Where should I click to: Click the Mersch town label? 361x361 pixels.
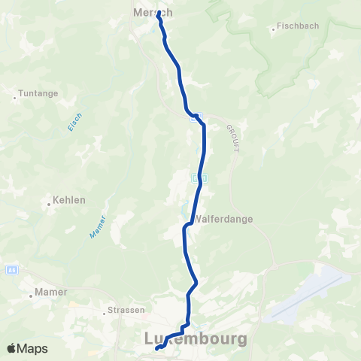pyautogui.click(x=152, y=13)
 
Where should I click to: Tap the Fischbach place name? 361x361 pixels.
pyautogui.click(x=298, y=26)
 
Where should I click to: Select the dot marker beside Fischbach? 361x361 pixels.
pyautogui.click(x=274, y=30)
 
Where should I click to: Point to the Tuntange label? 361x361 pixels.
pyautogui.click(x=37, y=96)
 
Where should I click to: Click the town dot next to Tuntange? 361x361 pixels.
pyautogui.click(x=15, y=96)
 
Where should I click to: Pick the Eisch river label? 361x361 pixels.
pyautogui.click(x=74, y=123)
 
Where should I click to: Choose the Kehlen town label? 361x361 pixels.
pyautogui.click(x=68, y=201)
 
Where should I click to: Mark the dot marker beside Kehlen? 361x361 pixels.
pyautogui.click(x=48, y=201)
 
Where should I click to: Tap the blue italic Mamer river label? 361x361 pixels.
pyautogui.click(x=97, y=227)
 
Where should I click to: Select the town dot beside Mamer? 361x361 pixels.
pyautogui.click(x=31, y=296)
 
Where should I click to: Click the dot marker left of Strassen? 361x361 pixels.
pyautogui.click(x=105, y=311)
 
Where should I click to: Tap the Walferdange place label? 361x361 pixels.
pyautogui.click(x=223, y=220)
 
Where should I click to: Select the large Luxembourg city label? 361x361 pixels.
pyautogui.click(x=195, y=339)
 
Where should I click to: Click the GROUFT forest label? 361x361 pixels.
pyautogui.click(x=231, y=138)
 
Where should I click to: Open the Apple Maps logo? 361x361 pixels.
pyautogui.click(x=27, y=348)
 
